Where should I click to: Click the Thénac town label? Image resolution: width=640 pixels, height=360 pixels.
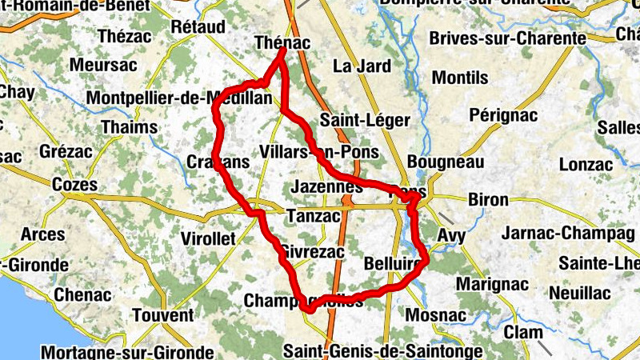281,42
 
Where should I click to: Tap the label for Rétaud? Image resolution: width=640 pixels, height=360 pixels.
198,27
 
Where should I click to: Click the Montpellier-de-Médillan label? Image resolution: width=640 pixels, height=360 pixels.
166,98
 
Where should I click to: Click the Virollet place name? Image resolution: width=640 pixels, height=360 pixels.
208,238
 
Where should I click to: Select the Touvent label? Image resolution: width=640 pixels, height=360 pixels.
162,314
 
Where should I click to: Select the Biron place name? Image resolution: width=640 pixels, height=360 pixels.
486,200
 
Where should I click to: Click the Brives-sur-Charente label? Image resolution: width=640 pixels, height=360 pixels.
507,38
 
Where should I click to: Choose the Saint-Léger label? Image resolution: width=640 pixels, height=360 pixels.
364,121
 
